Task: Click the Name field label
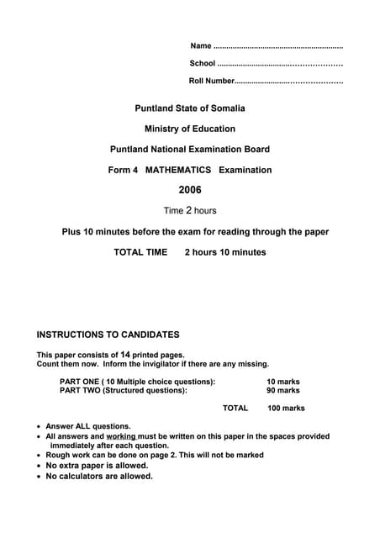pos(201,45)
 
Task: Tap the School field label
pos(203,63)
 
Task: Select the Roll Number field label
pos(212,81)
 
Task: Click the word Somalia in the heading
pos(226,108)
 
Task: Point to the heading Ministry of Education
pos(190,129)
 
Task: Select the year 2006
pos(190,190)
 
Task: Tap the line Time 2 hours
pos(190,210)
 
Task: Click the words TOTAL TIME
pos(140,252)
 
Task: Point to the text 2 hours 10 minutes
pos(225,252)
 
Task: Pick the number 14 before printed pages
pos(125,354)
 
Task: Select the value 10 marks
pos(282,382)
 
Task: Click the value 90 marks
pos(282,390)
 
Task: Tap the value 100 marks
pos(286,409)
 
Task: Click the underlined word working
pos(121,436)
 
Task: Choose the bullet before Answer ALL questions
pos(39,427)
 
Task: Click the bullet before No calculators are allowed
pos(39,477)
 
